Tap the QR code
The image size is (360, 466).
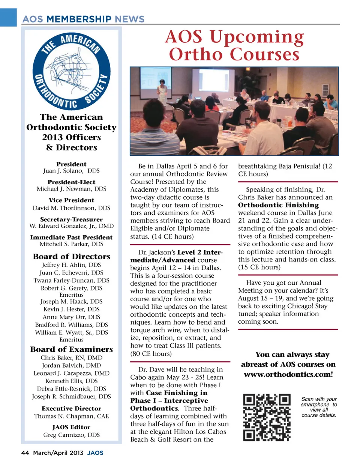tap(267, 417)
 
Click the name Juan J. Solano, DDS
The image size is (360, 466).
tap(71, 171)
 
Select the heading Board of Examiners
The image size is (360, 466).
tap(71, 349)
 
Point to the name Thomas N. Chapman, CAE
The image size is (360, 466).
tap(71, 416)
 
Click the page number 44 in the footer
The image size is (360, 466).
tap(25, 453)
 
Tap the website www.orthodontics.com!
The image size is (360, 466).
tap(288, 374)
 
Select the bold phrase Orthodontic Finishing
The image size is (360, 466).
tap(278, 205)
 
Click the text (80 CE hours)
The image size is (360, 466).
tap(151, 353)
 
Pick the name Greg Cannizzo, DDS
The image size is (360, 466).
tap(71, 435)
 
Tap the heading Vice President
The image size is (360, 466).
tap(71, 200)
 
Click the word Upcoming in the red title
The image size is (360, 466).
tap(256, 37)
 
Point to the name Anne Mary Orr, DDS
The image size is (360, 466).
tap(71, 317)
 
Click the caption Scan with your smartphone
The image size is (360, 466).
tap(319, 402)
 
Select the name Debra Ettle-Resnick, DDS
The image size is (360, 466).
tap(71, 389)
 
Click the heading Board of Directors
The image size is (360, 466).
tap(71, 257)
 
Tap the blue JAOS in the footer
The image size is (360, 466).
tap(95, 453)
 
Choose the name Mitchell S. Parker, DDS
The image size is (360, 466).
tap(71, 244)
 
